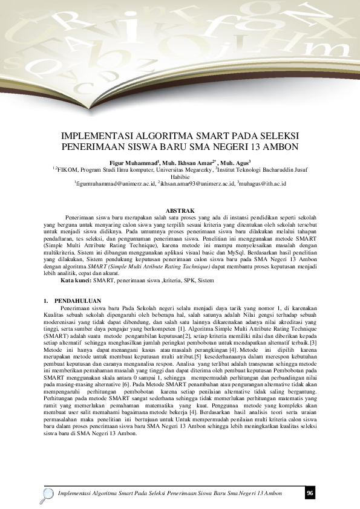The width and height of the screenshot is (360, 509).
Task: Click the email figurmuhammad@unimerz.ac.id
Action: [x=114, y=183]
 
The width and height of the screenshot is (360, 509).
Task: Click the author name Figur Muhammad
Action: [x=133, y=163]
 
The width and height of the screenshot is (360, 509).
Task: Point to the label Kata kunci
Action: [x=75, y=280]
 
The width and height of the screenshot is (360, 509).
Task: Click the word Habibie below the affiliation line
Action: [x=180, y=176]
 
